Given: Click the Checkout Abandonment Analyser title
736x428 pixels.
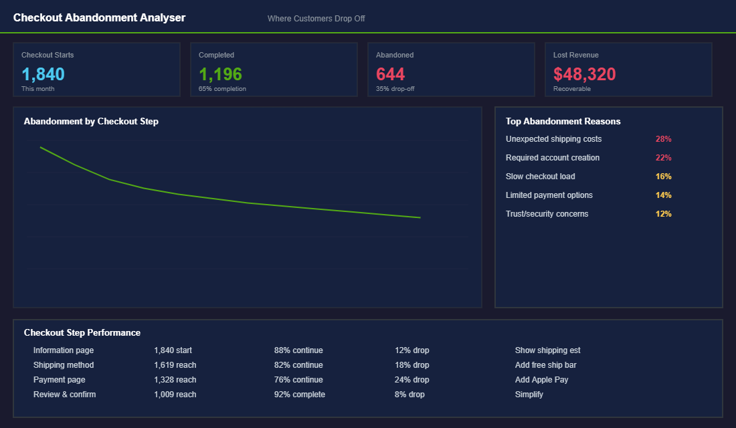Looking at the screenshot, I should (x=99, y=18).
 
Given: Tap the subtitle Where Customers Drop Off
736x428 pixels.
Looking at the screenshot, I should (x=316, y=19).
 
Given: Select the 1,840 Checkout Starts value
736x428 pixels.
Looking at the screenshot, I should (x=43, y=74).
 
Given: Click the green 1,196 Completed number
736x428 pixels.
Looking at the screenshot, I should (x=220, y=74).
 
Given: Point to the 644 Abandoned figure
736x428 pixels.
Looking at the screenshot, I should (x=390, y=74).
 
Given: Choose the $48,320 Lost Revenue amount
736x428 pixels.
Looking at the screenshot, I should (x=584, y=74).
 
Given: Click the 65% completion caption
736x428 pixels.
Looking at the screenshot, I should (x=222, y=89).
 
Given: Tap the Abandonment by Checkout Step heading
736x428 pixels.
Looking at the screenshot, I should (x=91, y=122).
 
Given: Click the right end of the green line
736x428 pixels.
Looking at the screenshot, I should (x=420, y=217).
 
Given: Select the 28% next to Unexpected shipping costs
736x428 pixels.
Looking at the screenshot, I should (x=663, y=139).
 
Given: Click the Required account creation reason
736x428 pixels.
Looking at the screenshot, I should (x=553, y=158).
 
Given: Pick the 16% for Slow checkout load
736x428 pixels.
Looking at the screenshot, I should (x=663, y=177).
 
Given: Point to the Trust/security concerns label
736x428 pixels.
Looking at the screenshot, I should (x=547, y=214).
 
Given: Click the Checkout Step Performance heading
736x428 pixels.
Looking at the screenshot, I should (x=82, y=332).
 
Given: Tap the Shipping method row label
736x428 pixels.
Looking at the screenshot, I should (x=64, y=365).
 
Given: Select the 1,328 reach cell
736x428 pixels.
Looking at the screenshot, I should (x=175, y=380).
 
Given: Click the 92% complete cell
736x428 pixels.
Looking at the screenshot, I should (x=299, y=395).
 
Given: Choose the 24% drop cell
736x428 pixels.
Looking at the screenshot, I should (x=411, y=380).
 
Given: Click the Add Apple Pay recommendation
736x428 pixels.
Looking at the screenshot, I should (x=541, y=380).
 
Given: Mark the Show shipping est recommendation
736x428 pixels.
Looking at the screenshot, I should (x=547, y=350).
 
